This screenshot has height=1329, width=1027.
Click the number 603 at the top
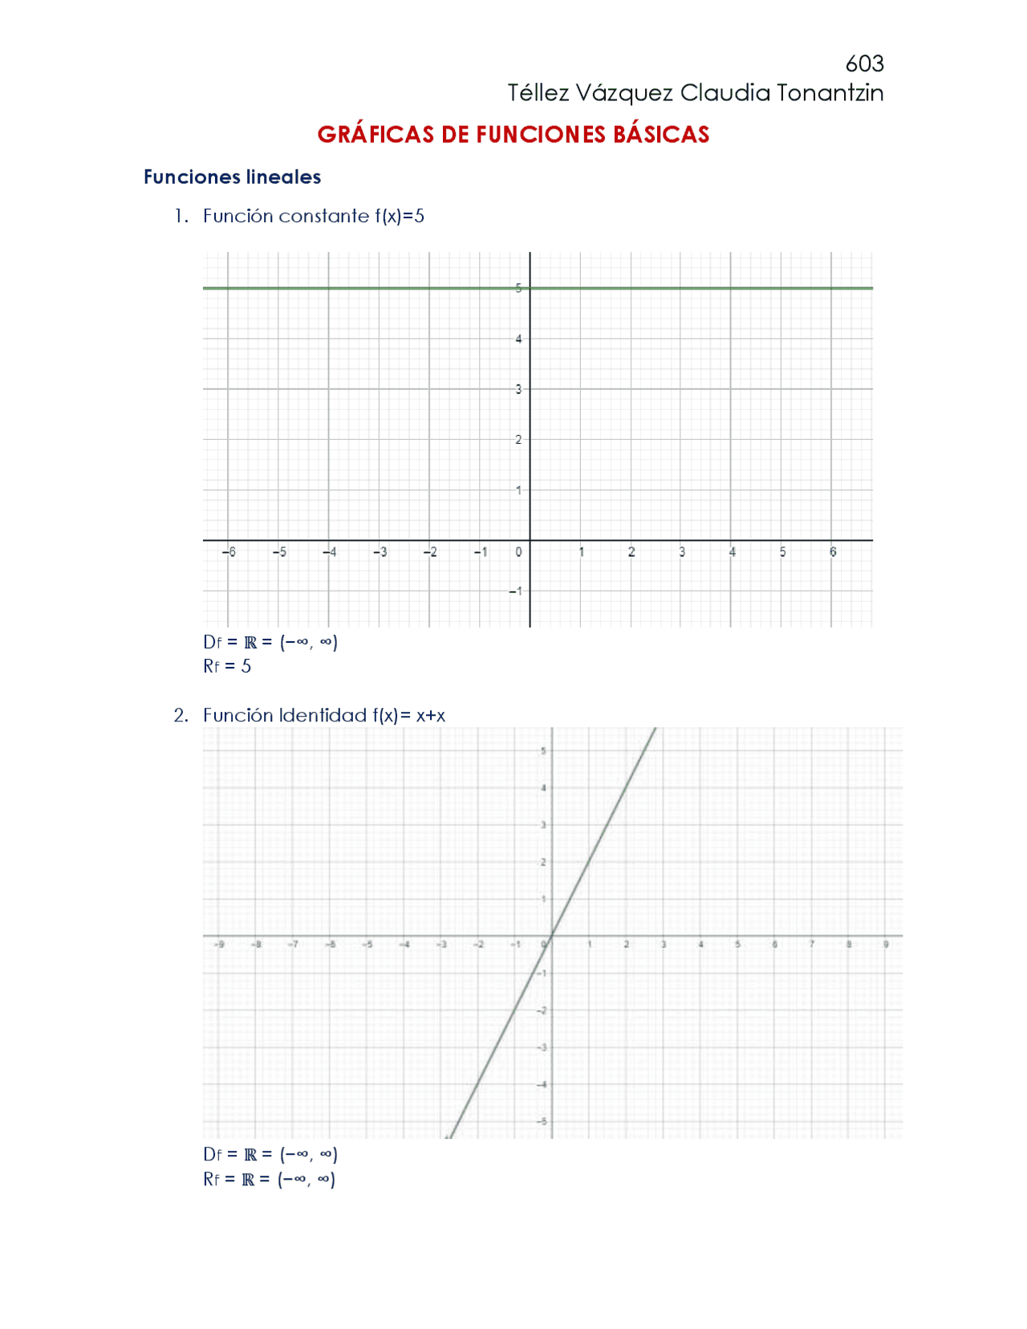click(x=864, y=63)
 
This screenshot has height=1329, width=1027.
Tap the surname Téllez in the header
click(x=538, y=93)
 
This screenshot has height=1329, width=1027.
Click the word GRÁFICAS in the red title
click(x=375, y=134)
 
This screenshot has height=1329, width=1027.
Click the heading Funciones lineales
click(x=232, y=177)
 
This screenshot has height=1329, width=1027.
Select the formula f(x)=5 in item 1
click(x=399, y=216)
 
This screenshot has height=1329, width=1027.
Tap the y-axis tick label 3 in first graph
click(x=518, y=389)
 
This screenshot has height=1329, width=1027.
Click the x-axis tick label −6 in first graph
click(x=229, y=552)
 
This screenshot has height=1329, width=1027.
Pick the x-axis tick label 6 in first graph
click(x=833, y=552)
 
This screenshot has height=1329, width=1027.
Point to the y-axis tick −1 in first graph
click(x=515, y=591)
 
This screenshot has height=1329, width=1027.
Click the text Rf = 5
click(x=227, y=666)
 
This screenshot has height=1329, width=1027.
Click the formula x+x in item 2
click(x=431, y=715)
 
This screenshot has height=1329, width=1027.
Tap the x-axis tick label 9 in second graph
click(x=886, y=945)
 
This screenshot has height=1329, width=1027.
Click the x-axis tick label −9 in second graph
click(x=219, y=945)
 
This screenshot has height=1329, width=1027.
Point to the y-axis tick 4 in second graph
click(x=543, y=788)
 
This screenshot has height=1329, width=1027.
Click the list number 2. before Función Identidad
click(x=181, y=715)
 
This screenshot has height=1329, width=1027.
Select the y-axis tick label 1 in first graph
click(x=518, y=490)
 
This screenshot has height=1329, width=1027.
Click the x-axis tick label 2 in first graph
click(x=631, y=552)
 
